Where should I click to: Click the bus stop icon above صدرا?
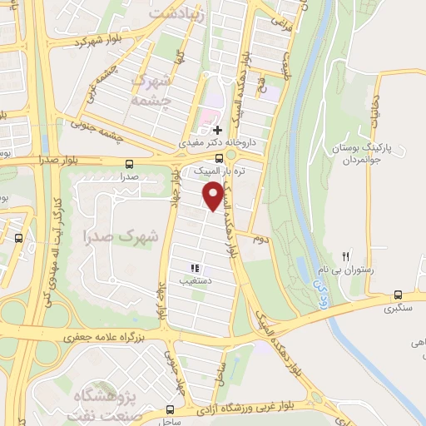point(128,164)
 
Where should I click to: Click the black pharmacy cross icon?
point(218,130)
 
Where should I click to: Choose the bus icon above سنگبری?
point(398,295)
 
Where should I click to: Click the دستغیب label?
point(196,281)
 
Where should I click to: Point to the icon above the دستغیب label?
point(195,269)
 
